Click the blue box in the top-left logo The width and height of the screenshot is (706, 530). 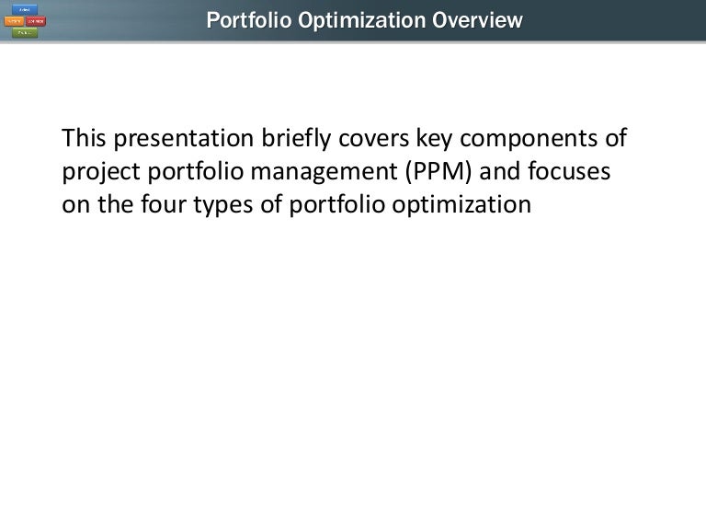click(25, 9)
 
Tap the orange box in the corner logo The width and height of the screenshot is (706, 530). click(14, 21)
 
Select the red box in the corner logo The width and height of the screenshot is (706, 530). click(36, 21)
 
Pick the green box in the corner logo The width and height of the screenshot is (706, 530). click(25, 32)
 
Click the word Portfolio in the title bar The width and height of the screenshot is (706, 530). click(245, 19)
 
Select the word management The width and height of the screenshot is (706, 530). click(337, 172)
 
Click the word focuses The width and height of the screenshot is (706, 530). click(580, 172)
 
